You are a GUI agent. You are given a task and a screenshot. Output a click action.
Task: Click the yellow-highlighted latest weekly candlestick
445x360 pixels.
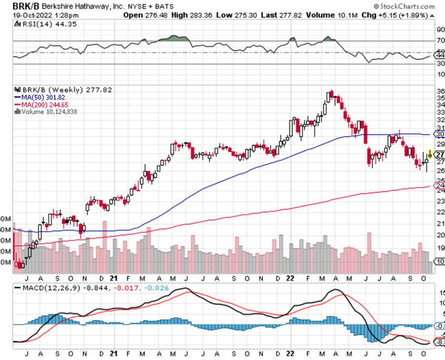coord(430,154)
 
